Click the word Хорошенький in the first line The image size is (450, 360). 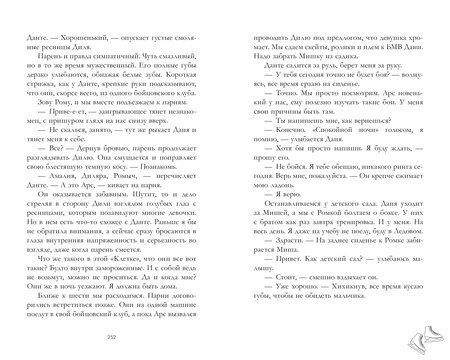point(89,30)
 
